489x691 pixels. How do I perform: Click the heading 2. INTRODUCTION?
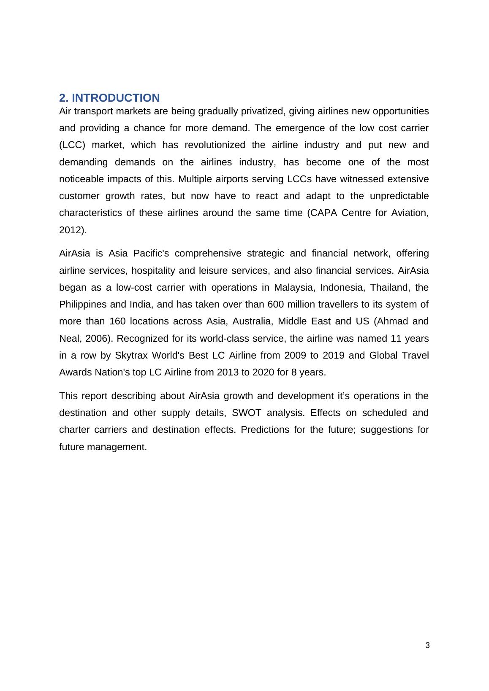point(109,98)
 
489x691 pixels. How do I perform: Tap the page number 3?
point(427,645)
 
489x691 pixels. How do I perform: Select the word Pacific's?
point(151,254)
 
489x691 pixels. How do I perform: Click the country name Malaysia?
point(294,288)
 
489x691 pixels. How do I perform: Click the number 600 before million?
point(276,305)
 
